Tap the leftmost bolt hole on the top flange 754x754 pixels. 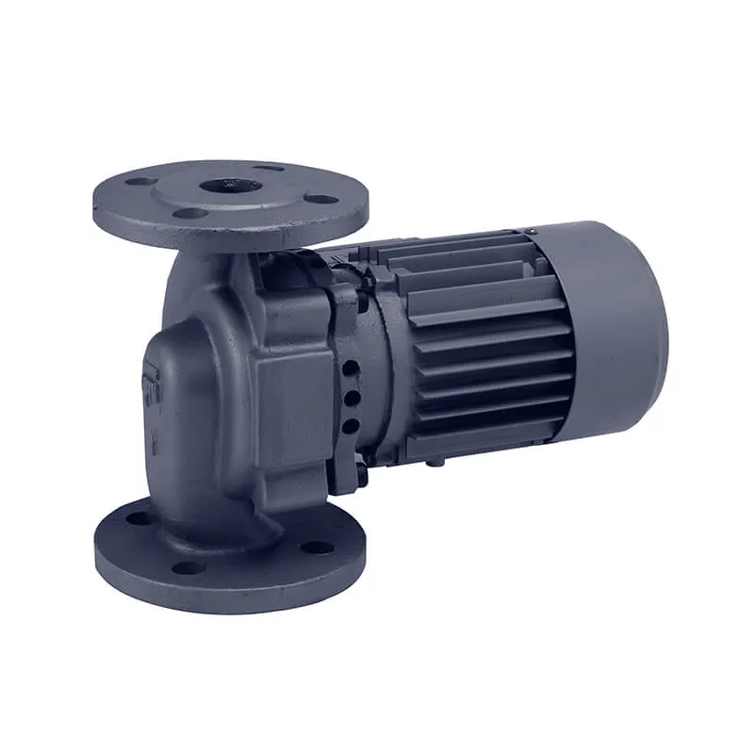click(x=141, y=181)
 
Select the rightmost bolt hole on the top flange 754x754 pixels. click(x=321, y=199)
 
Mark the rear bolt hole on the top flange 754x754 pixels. click(x=270, y=169)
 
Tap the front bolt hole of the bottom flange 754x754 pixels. click(x=188, y=567)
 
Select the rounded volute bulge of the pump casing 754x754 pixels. click(x=193, y=377)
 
